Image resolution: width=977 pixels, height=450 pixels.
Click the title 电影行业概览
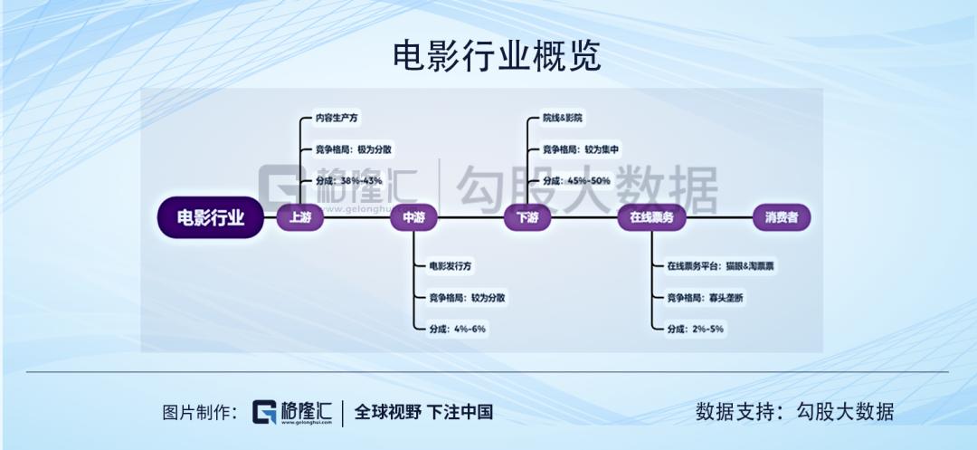pos(497,57)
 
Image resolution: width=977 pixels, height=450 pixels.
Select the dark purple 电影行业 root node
pos(210,217)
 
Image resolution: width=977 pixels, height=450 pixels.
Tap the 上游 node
pos(300,217)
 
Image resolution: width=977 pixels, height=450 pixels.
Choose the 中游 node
pos(413,217)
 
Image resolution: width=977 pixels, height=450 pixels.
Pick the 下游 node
pos(527,217)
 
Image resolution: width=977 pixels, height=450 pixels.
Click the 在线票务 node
pos(651,217)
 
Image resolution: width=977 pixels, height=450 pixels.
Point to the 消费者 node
pos(782,217)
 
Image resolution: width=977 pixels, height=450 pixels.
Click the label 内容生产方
pos(337,118)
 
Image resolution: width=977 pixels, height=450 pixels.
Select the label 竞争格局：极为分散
pos(354,149)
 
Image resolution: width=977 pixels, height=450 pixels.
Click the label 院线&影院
pos(563,118)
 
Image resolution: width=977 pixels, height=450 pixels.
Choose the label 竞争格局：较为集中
pos(581,149)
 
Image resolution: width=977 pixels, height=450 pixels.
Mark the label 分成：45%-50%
pos(576,181)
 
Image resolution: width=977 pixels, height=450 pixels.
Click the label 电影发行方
pos(451,266)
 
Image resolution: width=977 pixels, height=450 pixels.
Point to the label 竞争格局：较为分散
pos(468,298)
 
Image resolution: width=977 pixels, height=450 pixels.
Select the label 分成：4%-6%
pos(458,329)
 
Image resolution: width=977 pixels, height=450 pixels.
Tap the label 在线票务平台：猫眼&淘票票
pos(720,266)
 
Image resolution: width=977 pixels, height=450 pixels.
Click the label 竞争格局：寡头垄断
pos(706,298)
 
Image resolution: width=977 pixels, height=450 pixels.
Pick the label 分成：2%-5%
pos(696,329)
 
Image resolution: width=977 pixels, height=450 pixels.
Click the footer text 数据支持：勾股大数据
pos(795,412)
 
